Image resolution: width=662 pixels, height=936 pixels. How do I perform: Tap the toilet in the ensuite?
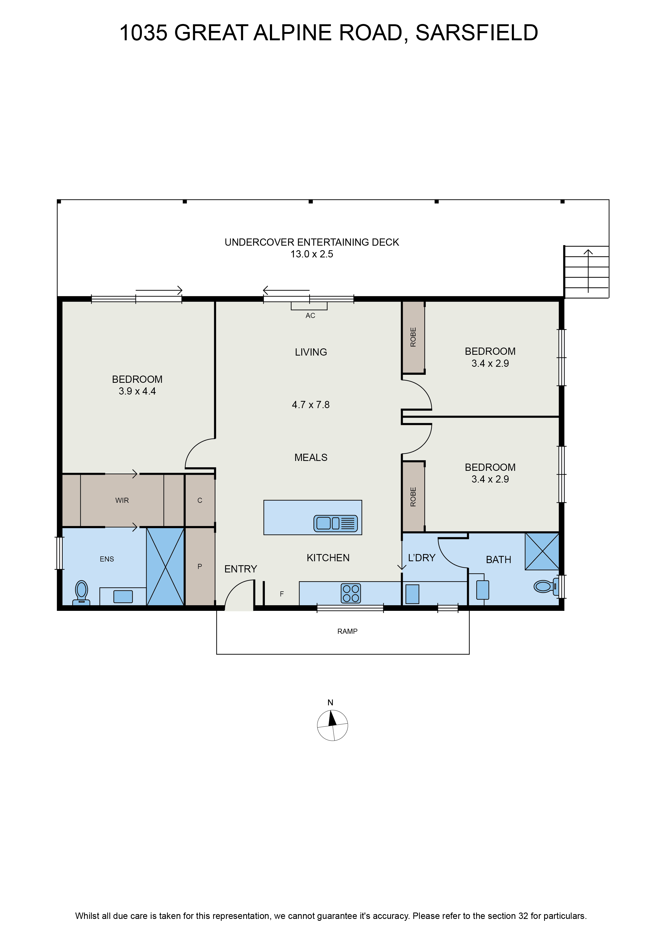click(82, 593)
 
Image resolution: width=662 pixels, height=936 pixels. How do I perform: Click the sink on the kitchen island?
click(336, 523)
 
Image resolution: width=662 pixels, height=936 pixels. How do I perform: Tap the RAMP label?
click(347, 631)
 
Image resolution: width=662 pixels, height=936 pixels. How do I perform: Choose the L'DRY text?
click(421, 558)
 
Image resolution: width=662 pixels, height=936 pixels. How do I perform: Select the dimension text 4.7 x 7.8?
click(311, 405)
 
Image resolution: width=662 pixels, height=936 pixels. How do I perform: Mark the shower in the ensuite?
click(165, 566)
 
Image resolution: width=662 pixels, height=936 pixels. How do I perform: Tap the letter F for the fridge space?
click(282, 594)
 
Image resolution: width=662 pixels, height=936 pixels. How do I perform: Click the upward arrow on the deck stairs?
click(588, 271)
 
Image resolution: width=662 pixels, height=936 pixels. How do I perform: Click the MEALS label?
click(311, 457)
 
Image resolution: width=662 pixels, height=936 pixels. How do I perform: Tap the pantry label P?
click(200, 566)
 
